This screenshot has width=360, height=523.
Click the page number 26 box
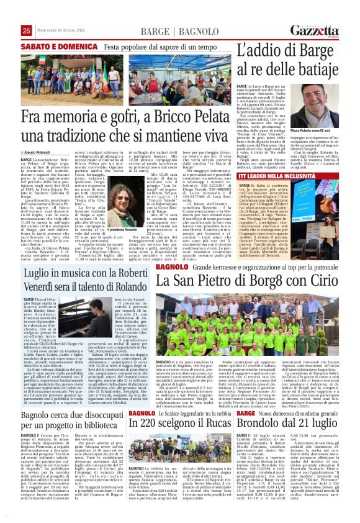tap(26, 30)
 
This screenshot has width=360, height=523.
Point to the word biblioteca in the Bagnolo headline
tap(96, 448)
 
